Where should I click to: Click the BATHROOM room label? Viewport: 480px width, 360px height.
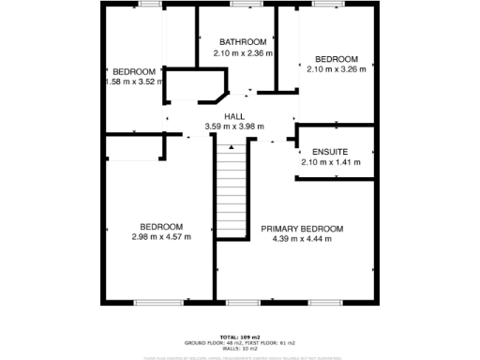click(x=243, y=42)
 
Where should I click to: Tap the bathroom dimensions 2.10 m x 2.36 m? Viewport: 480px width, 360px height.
click(x=243, y=53)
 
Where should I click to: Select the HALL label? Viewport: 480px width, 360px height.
click(x=234, y=115)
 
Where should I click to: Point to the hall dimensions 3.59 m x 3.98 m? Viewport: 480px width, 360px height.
click(x=234, y=127)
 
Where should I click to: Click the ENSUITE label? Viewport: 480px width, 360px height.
click(x=330, y=151)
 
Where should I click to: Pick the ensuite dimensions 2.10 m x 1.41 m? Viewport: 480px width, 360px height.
click(x=330, y=162)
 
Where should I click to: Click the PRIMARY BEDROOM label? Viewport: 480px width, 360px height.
click(x=302, y=229)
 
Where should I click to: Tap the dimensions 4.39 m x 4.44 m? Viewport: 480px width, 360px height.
click(x=302, y=240)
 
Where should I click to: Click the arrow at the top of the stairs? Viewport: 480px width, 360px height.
click(x=231, y=147)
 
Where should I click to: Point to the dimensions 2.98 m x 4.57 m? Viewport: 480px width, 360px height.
click(x=161, y=237)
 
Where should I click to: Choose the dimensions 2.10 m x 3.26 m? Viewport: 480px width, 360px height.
click(x=336, y=67)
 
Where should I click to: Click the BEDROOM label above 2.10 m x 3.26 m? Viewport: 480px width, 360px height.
click(x=336, y=56)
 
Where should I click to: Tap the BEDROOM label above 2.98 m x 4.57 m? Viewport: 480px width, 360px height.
click(x=161, y=226)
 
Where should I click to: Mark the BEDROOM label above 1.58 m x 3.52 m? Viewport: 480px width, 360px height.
click(x=133, y=71)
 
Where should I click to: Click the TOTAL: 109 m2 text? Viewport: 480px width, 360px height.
click(x=240, y=336)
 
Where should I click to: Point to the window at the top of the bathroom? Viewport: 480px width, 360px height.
click(x=243, y=4)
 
